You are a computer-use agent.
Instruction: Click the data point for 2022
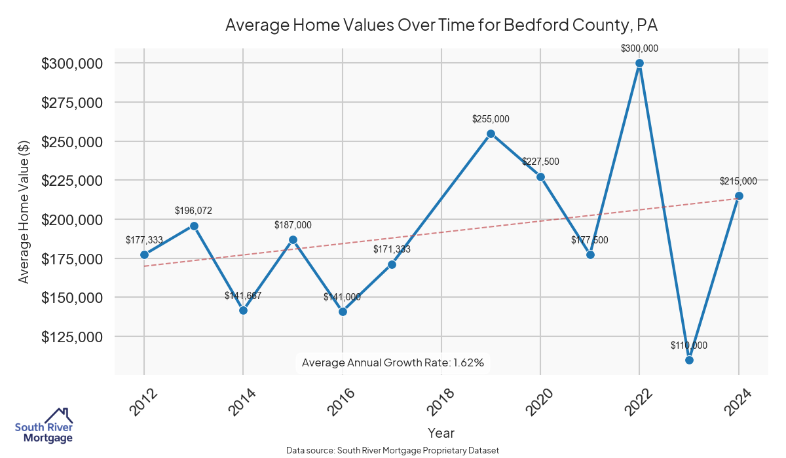[639, 63]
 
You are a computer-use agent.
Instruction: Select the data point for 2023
[689, 360]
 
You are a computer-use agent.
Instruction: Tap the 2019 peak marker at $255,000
[491, 133]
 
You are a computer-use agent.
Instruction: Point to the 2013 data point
[194, 226]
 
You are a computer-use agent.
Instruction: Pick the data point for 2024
[739, 196]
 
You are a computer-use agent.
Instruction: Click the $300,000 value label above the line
[639, 48]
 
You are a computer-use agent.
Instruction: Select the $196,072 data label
[193, 211]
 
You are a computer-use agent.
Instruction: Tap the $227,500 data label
[540, 162]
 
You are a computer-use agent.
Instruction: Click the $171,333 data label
[392, 249]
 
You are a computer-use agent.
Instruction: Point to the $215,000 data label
[738, 181]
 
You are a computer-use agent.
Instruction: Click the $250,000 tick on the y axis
[71, 142]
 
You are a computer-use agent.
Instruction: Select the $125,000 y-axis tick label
[71, 337]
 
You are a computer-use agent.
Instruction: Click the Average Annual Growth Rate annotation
[392, 362]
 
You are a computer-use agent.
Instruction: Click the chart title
[441, 25]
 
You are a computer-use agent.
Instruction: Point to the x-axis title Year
[441, 432]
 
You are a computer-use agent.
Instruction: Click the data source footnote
[392, 451]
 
